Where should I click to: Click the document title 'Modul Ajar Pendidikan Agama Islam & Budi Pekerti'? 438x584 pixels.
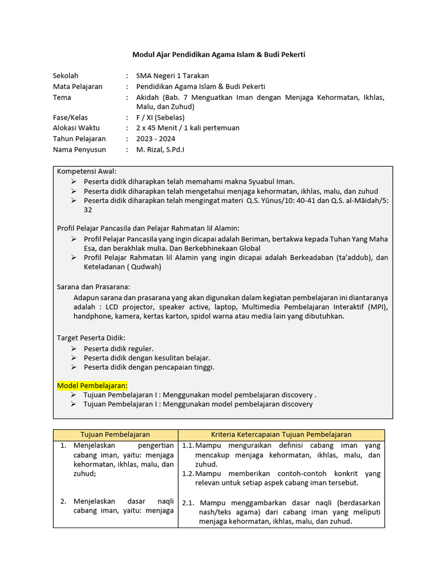pyautogui.click(x=219, y=55)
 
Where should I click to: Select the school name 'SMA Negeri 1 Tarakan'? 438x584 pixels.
pyautogui.click(x=172, y=76)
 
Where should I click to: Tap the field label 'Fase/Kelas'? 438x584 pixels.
pyautogui.click(x=71, y=117)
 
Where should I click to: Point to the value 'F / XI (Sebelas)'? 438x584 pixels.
pyautogui.click(x=160, y=117)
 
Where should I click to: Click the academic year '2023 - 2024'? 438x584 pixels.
pyautogui.click(x=155, y=139)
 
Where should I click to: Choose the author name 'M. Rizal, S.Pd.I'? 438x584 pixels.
pyautogui.click(x=160, y=149)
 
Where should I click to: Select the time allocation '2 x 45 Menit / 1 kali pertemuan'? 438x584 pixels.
pyautogui.click(x=188, y=128)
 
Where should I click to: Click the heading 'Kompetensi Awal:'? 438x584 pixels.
pyautogui.click(x=87, y=171)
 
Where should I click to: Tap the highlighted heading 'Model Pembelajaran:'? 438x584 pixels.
pyautogui.click(x=92, y=386)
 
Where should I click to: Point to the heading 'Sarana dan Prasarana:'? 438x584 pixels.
pyautogui.click(x=94, y=286)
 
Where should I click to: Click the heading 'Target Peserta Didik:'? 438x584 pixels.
pyautogui.click(x=91, y=338)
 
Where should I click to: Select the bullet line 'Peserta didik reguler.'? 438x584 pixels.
pyautogui.click(x=119, y=348)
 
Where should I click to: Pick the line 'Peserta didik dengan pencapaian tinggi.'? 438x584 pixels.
pyautogui.click(x=149, y=367)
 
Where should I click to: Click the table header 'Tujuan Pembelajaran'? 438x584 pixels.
pyautogui.click(x=115, y=435)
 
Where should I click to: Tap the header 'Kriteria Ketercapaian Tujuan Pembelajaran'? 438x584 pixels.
pyautogui.click(x=281, y=435)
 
